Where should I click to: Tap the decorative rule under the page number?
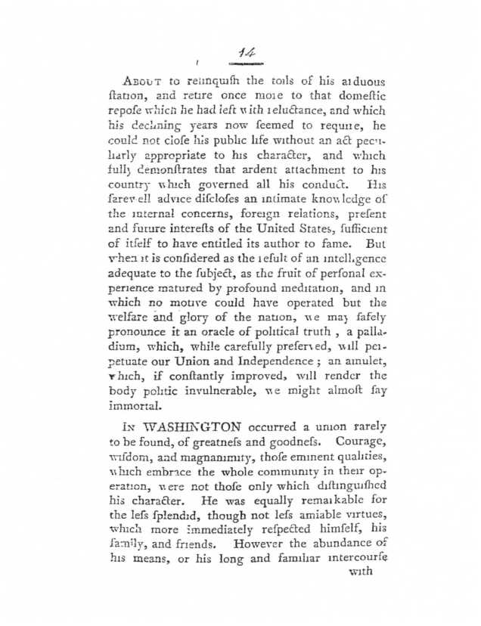(x=244, y=65)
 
